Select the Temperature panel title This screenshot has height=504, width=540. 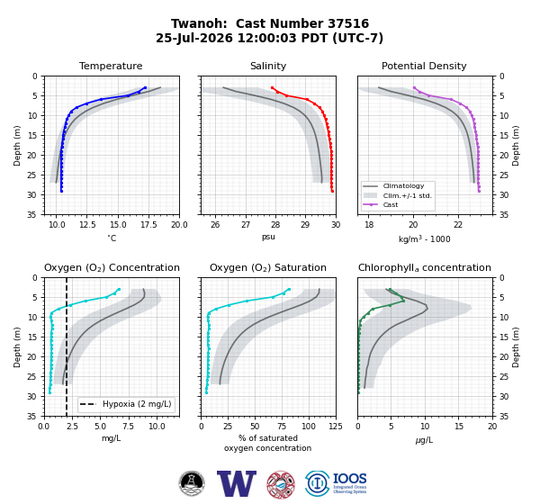point(111,66)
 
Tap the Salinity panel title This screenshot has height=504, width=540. point(268,66)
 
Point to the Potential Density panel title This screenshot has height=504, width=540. point(424,66)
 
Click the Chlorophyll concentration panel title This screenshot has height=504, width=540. point(424,267)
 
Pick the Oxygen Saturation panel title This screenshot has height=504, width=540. point(268,267)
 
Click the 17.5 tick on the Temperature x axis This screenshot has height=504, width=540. point(148,225)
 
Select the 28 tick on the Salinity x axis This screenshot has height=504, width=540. point(275,225)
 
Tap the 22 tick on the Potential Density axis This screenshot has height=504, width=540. point(458,225)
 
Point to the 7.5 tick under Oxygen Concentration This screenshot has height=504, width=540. point(128,427)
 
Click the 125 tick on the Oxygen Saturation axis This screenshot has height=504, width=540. point(336,427)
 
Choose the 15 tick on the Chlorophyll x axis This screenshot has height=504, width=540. point(459,427)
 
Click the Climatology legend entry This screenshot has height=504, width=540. point(403,186)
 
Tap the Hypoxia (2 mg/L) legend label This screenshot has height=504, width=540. point(137,404)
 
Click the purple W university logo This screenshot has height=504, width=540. point(237,483)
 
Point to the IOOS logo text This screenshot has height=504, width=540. point(349,479)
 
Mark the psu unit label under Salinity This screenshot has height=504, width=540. point(268,237)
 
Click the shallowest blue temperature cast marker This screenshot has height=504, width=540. point(145,88)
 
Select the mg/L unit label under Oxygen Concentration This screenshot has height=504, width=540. point(111,438)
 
